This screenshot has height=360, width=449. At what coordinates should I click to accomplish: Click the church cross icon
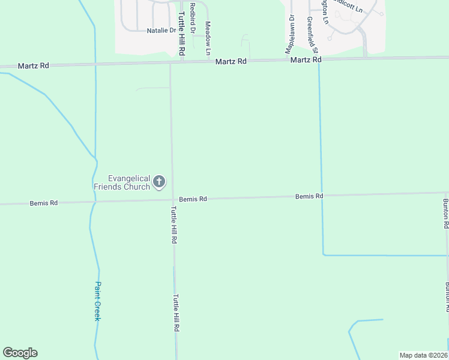(x=160, y=182)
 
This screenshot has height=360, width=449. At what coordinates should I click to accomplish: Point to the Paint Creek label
(x=97, y=301)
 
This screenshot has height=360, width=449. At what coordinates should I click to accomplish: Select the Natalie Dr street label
(x=161, y=29)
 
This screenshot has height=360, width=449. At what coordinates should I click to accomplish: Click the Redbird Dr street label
(x=193, y=17)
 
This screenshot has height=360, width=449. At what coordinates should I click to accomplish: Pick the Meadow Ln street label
(x=208, y=35)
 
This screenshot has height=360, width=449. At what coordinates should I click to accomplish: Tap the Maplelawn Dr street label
(x=291, y=34)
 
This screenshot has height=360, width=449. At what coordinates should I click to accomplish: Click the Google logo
(x=20, y=353)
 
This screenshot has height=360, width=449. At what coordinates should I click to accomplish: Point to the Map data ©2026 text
(x=424, y=355)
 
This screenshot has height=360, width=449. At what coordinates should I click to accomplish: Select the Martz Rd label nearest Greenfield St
(x=306, y=60)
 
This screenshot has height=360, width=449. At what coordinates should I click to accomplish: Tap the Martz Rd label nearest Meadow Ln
(x=232, y=61)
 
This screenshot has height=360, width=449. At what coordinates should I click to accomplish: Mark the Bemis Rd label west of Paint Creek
(x=44, y=203)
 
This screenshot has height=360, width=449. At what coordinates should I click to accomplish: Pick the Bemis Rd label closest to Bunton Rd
(x=309, y=196)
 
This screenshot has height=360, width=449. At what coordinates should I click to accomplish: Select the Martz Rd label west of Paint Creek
(x=33, y=65)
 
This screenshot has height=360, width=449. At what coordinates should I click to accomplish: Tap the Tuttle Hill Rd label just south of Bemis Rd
(x=173, y=224)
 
